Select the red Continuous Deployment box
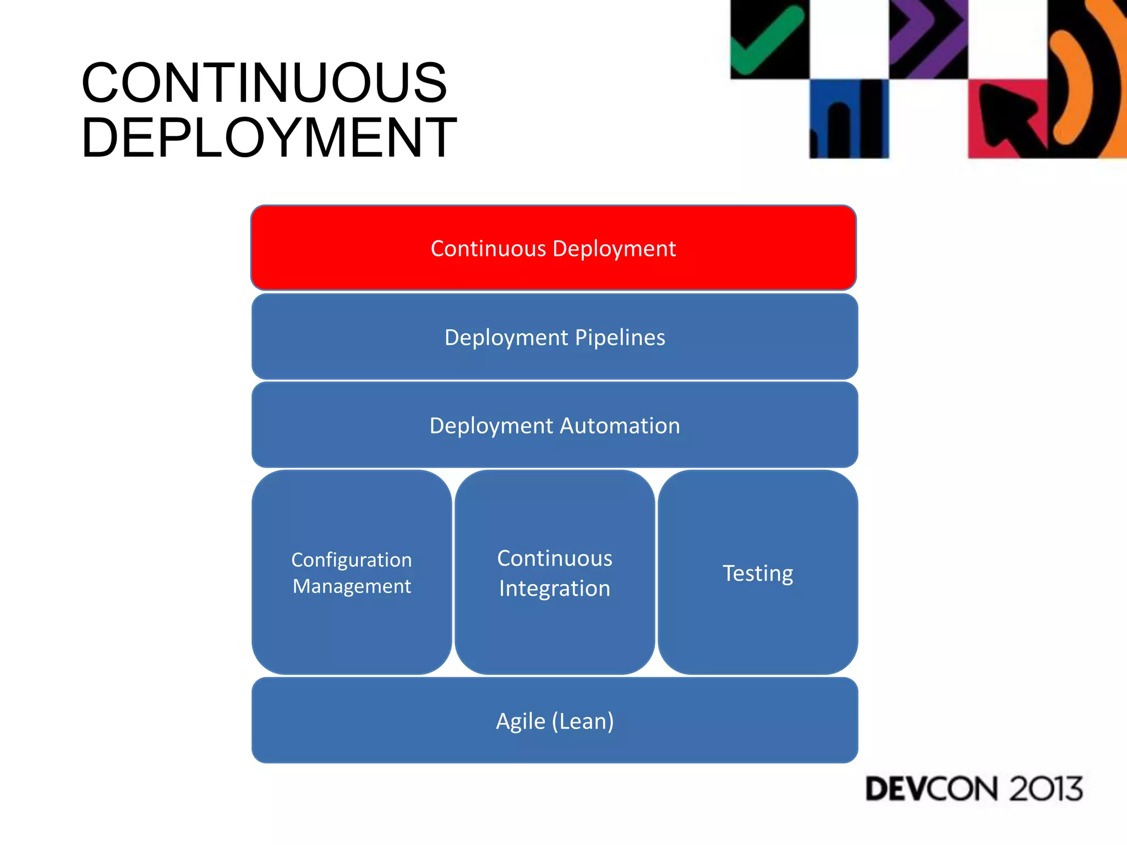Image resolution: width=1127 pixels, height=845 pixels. pos(553,248)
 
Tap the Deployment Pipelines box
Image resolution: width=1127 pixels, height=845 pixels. pos(555,337)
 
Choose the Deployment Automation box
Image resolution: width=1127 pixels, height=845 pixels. pos(555,425)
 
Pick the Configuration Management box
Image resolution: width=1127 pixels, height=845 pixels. pos(352,573)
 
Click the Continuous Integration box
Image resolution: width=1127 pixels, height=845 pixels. pos(555,573)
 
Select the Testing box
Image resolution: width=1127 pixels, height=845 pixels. pos(758,573)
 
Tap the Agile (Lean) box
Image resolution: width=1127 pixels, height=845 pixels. pos(555,721)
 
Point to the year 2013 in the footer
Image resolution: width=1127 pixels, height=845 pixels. pos(1046,789)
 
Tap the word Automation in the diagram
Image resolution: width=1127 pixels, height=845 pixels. pos(620,426)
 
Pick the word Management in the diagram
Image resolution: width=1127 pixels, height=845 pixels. pos(352,586)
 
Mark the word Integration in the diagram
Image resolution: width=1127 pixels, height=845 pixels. pos(555,589)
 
